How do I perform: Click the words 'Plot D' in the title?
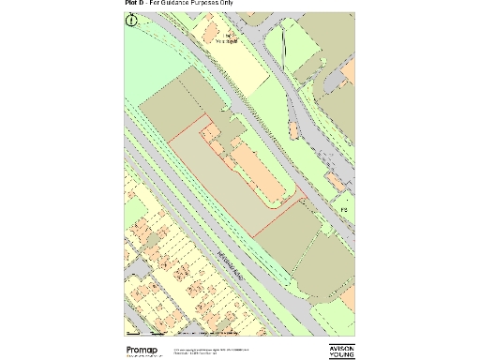coord(135,4)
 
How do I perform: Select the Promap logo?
coord(145,351)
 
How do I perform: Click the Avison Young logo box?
coord(342,351)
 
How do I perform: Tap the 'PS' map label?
coord(344,208)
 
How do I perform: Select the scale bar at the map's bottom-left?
coord(151,333)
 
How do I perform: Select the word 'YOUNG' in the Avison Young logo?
coord(342,355)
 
